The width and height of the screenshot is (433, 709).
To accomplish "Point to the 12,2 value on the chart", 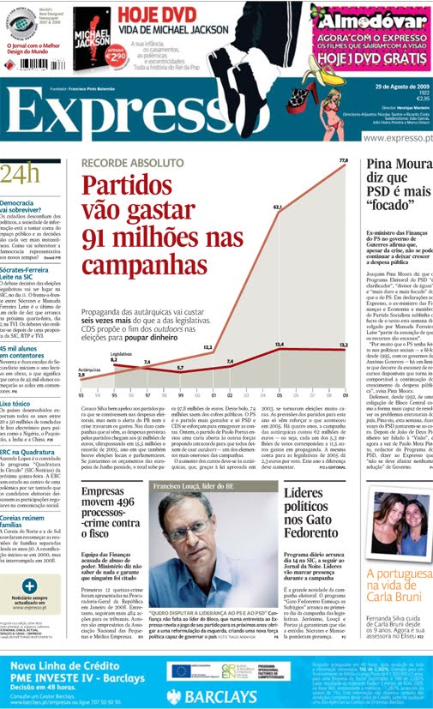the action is [x=207, y=323].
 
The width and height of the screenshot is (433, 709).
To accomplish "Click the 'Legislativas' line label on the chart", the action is [x=98, y=353].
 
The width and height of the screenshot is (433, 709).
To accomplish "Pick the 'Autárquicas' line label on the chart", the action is [x=89, y=369].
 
